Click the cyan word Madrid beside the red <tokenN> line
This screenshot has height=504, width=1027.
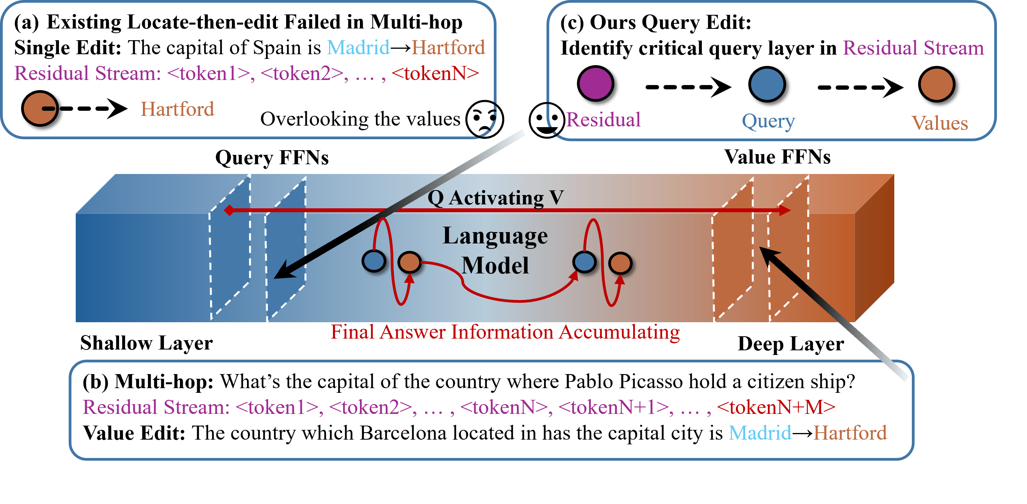pos(358,48)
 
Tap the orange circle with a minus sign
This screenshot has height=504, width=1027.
pos(40,108)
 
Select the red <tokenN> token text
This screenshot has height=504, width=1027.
pos(435,73)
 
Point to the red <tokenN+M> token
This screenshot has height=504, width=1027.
pos(776,407)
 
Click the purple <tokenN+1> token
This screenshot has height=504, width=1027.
pos(614,407)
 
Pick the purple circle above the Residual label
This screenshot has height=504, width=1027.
pos(595,83)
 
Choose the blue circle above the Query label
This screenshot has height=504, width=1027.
pos(767,84)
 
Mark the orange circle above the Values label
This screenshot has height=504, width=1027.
pos(936,84)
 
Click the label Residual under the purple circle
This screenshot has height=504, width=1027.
pos(603,119)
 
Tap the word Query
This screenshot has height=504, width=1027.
pos(768,121)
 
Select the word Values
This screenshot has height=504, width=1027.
pos(940,123)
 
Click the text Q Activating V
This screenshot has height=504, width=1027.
pos(495,198)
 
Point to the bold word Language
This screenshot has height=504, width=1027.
pos(495,236)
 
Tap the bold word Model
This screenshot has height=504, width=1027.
pos(495,266)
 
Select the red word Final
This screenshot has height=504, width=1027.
pos(352,332)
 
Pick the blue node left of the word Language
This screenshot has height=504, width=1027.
pos(374,261)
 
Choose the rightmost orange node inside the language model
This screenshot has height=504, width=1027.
pos(620,263)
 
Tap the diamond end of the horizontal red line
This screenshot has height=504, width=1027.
pos(229,210)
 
